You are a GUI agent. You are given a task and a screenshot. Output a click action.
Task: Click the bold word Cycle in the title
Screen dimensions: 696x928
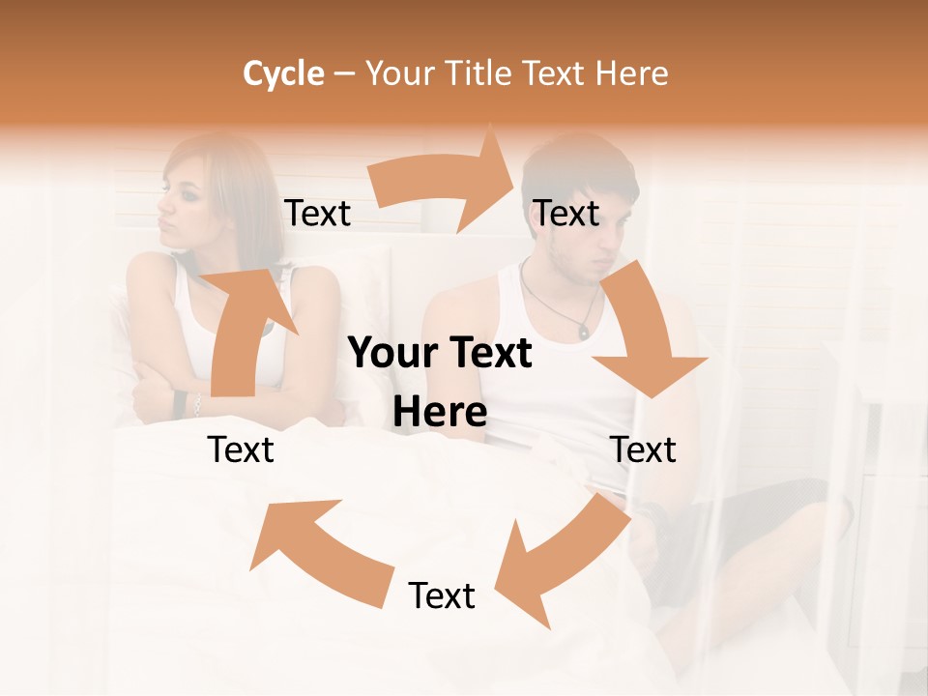(283, 73)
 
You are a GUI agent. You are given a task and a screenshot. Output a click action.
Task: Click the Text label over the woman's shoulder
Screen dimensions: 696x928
(317, 213)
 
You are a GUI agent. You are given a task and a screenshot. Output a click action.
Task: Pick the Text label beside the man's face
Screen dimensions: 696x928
(566, 213)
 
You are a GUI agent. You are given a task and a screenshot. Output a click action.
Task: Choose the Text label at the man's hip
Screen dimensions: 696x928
(643, 449)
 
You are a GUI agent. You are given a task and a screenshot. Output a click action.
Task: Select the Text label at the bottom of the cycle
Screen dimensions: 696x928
(442, 595)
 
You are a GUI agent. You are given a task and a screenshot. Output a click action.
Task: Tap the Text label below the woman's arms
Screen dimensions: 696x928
(241, 449)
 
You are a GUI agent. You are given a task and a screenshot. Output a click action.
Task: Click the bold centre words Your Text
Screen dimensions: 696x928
(440, 354)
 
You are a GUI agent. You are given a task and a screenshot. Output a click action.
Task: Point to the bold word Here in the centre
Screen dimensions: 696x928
(440, 413)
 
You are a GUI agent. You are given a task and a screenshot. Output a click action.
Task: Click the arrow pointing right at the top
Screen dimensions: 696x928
(446, 179)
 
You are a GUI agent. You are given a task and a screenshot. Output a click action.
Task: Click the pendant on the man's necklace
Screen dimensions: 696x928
(584, 331)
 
